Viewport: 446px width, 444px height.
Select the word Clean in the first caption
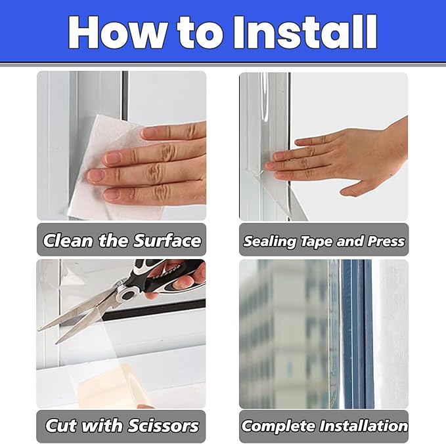(68, 241)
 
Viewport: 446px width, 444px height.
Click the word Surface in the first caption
(167, 241)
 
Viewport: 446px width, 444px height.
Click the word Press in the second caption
(386, 241)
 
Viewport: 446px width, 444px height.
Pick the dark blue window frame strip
(358, 334)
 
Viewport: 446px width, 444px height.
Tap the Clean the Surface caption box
(121, 240)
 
